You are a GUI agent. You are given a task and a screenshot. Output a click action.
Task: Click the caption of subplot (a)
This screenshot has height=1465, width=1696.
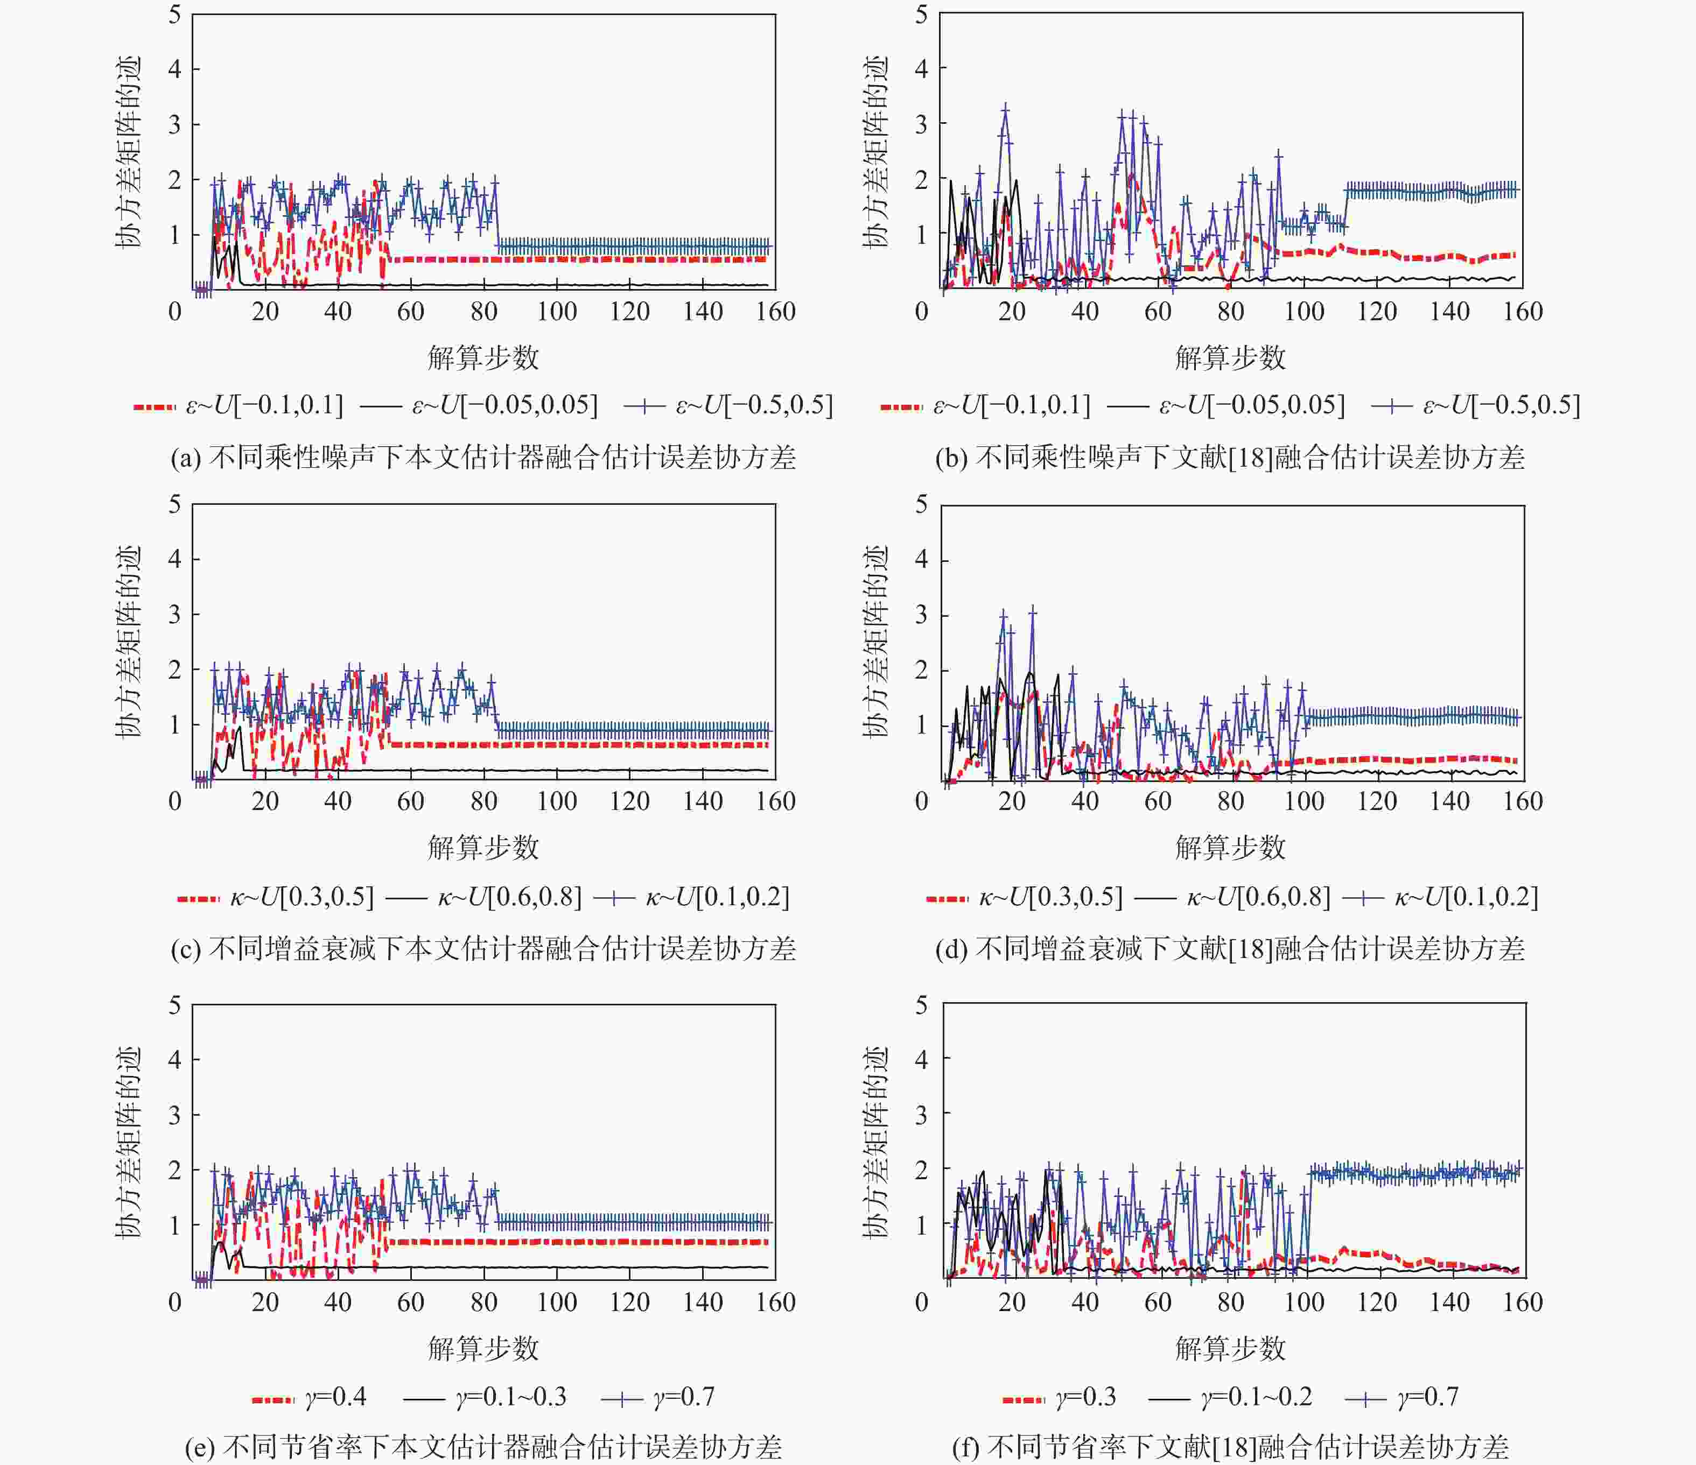[483, 457]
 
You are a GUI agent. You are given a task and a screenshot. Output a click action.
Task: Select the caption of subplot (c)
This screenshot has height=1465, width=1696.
[483, 948]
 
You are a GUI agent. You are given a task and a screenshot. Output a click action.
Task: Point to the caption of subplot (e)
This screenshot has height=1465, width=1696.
[483, 1447]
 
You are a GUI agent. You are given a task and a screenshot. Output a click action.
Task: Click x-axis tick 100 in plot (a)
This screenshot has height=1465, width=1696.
[557, 312]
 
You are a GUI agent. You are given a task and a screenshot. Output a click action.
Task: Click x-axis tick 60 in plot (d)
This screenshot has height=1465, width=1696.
[1158, 801]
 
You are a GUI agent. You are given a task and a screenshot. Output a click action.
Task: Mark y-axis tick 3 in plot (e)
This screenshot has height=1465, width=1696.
[174, 1115]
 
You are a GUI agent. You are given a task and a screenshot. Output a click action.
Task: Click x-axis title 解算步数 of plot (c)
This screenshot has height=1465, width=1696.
[483, 848]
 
